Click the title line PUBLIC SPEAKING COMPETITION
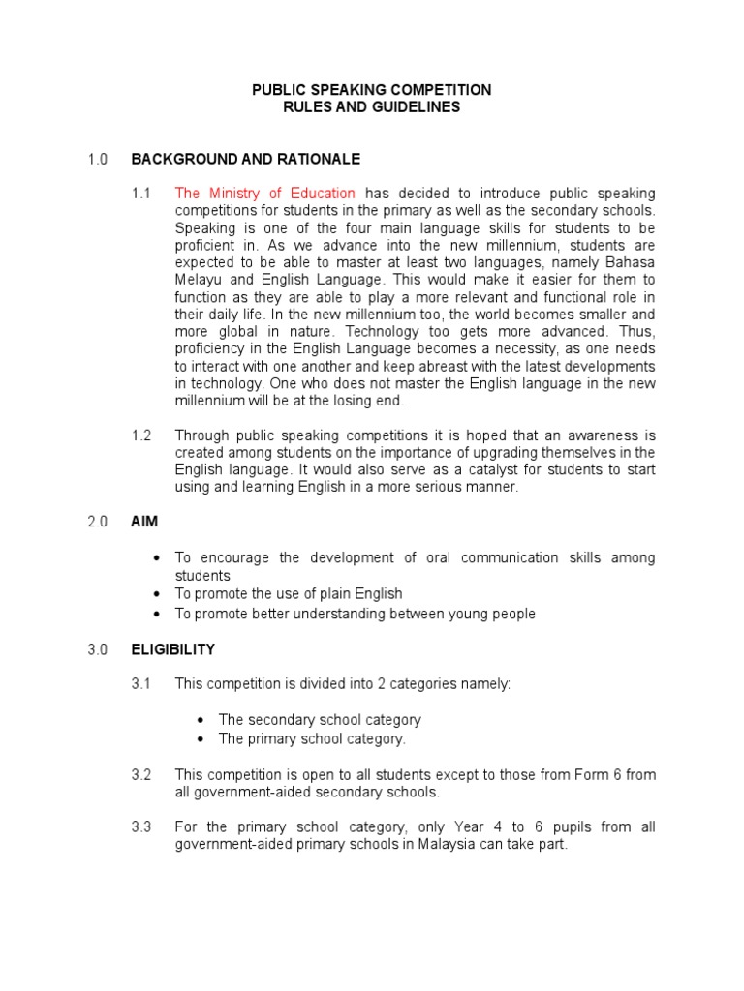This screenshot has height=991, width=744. click(372, 89)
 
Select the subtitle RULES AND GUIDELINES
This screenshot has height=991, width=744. click(372, 107)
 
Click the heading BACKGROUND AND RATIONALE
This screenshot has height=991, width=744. click(246, 158)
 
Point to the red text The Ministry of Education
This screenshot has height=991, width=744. click(264, 194)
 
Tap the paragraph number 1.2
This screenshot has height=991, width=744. click(141, 435)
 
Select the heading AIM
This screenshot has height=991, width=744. click(144, 522)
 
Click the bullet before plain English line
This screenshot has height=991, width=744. click(157, 593)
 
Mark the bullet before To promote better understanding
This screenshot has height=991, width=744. click(157, 614)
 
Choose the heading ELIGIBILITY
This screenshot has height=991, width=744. click(173, 649)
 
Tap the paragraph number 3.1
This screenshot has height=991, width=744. click(141, 684)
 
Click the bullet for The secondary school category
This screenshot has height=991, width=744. click(201, 720)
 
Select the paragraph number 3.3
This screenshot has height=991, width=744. click(141, 826)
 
